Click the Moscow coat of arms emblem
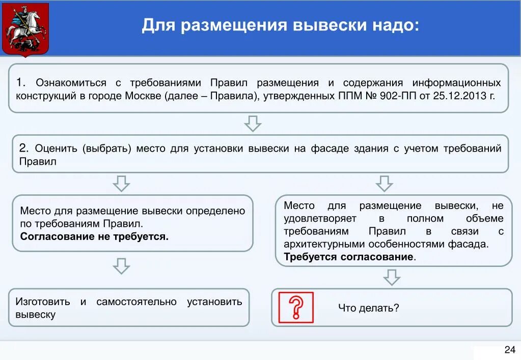point(25,29)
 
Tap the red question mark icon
point(296,307)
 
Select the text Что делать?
point(368,308)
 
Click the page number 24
point(509,350)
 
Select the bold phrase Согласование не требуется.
point(94,236)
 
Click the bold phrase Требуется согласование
point(349,257)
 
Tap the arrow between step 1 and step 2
point(253,123)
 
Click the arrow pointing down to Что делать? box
point(392,277)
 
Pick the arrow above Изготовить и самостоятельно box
point(121,266)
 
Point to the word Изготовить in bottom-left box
point(43,302)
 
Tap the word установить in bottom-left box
point(214,302)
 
